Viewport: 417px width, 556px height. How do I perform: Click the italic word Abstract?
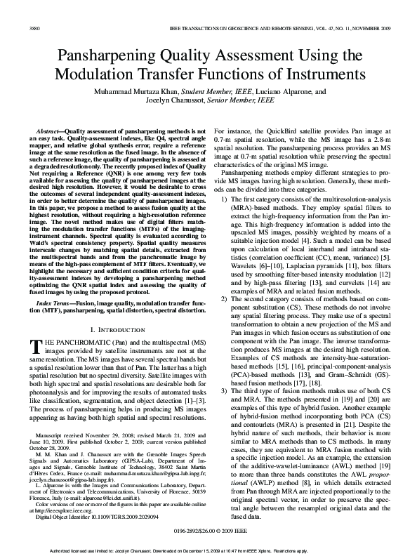coord(47,132)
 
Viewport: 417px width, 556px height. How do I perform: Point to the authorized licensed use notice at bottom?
coord(208,551)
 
